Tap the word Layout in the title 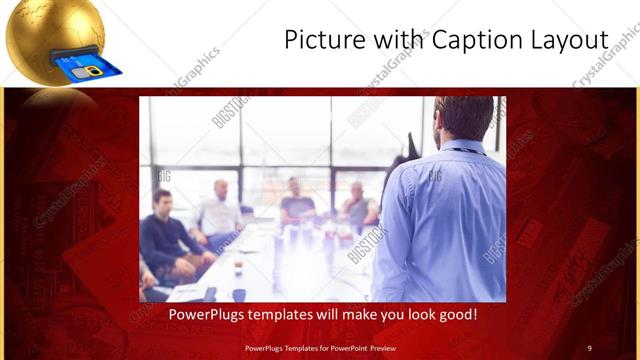(x=571, y=40)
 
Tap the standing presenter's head (x=462, y=118)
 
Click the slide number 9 (x=589, y=347)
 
